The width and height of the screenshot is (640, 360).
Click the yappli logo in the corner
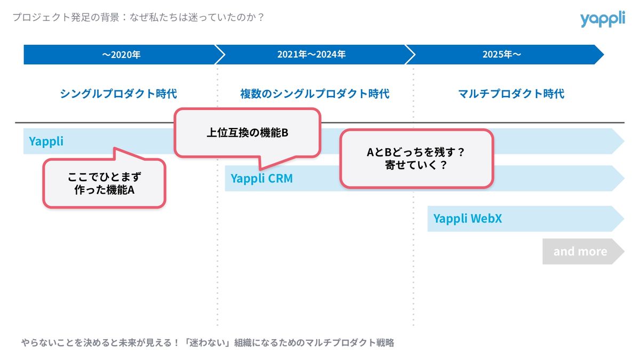(x=602, y=20)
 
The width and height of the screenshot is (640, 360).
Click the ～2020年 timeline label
(x=121, y=54)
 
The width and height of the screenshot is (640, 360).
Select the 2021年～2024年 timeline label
(x=311, y=54)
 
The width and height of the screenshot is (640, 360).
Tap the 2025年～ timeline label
(x=502, y=54)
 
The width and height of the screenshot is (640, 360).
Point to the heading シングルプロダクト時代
(x=118, y=94)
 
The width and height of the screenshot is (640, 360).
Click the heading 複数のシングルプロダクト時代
(x=315, y=94)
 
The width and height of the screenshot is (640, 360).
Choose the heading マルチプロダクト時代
(x=511, y=94)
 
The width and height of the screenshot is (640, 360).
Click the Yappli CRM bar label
(x=261, y=179)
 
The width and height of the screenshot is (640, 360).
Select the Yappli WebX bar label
(x=467, y=218)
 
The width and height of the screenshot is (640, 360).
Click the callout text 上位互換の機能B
(x=247, y=133)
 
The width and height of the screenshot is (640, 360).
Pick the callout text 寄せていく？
(x=416, y=165)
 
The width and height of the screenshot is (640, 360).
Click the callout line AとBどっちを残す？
(x=416, y=152)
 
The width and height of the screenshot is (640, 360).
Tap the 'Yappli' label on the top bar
(x=46, y=141)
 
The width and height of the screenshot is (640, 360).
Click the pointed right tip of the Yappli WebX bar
(x=619, y=218)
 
